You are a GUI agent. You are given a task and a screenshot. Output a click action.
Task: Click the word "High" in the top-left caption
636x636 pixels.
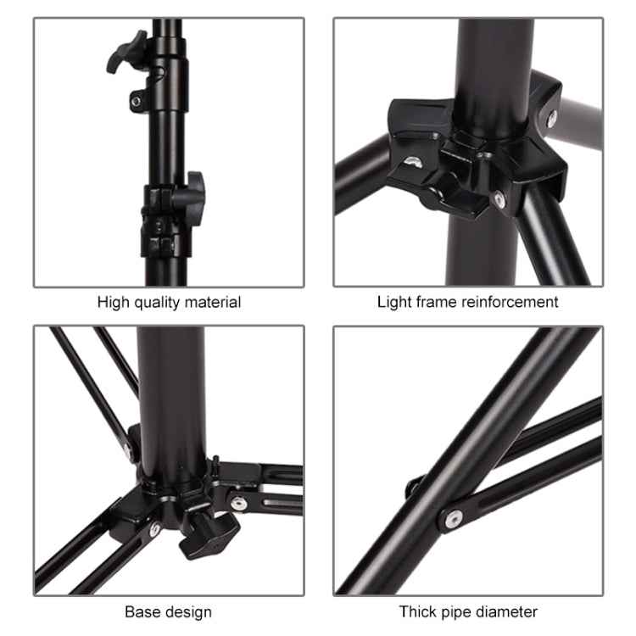point(114,302)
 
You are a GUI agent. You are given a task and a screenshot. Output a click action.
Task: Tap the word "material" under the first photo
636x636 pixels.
point(213,302)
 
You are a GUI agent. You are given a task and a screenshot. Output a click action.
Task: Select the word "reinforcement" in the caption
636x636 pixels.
point(511,302)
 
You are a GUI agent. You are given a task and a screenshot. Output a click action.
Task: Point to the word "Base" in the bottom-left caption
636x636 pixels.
point(142,611)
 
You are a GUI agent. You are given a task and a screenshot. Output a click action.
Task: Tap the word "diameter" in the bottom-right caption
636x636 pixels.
point(508,611)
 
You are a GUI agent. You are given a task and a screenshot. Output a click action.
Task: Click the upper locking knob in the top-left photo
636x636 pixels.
point(124,51)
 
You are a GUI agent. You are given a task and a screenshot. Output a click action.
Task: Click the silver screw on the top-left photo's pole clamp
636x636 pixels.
point(136,102)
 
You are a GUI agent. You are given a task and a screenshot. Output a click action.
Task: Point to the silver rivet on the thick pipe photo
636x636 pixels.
point(455,517)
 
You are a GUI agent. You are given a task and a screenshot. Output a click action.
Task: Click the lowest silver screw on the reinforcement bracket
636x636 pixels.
point(499,200)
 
